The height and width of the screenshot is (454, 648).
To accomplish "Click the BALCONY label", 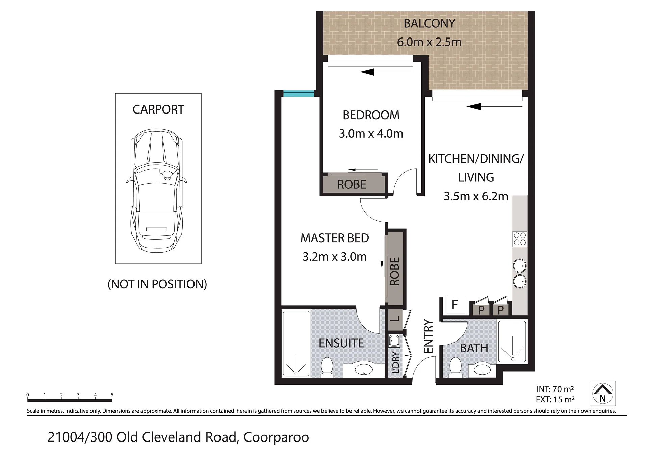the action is [429, 23].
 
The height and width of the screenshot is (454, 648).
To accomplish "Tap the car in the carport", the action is [157, 190].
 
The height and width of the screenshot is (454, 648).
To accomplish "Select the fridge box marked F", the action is [455, 304].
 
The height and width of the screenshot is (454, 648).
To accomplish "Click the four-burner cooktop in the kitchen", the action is [519, 239].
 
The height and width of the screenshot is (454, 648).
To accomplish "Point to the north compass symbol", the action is [602, 394].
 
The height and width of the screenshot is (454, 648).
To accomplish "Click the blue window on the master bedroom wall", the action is [299, 93].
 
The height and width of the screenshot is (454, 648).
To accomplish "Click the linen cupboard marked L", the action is [395, 319].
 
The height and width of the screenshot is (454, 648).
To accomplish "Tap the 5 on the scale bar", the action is [112, 395].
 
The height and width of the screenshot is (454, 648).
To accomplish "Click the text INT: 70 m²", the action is [555, 389].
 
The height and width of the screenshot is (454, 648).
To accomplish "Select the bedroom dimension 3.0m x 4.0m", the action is [371, 134].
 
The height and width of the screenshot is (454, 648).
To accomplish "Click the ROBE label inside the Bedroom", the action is [352, 184].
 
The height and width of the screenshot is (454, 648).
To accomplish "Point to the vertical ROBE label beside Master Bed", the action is [394, 272].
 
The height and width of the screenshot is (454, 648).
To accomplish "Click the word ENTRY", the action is [428, 336].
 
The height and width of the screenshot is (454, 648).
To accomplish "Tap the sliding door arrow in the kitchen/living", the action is [495, 107].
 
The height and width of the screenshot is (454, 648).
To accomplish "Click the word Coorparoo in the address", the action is [276, 437].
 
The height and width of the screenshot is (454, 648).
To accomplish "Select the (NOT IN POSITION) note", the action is [157, 284].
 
